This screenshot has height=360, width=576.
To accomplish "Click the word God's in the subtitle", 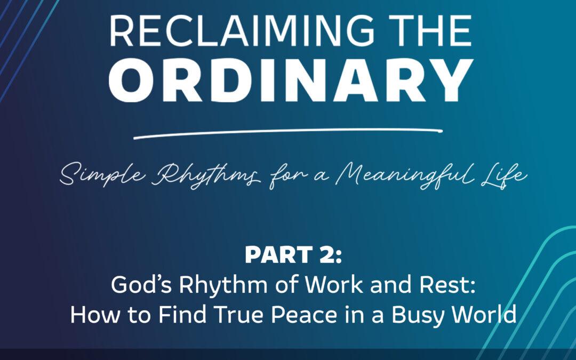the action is point(141,284).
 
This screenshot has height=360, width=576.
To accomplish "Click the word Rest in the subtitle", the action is point(444,284).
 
